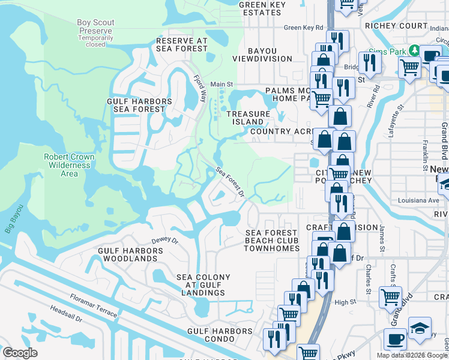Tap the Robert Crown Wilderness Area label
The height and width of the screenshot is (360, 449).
click(x=69, y=165)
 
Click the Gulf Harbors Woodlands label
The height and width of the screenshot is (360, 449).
click(x=130, y=254)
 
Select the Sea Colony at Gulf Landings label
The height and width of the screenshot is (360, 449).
click(x=200, y=285)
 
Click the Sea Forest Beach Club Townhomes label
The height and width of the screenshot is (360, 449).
click(x=273, y=241)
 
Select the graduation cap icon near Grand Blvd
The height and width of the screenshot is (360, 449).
click(x=420, y=328)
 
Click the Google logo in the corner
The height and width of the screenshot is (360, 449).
click(x=20, y=353)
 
